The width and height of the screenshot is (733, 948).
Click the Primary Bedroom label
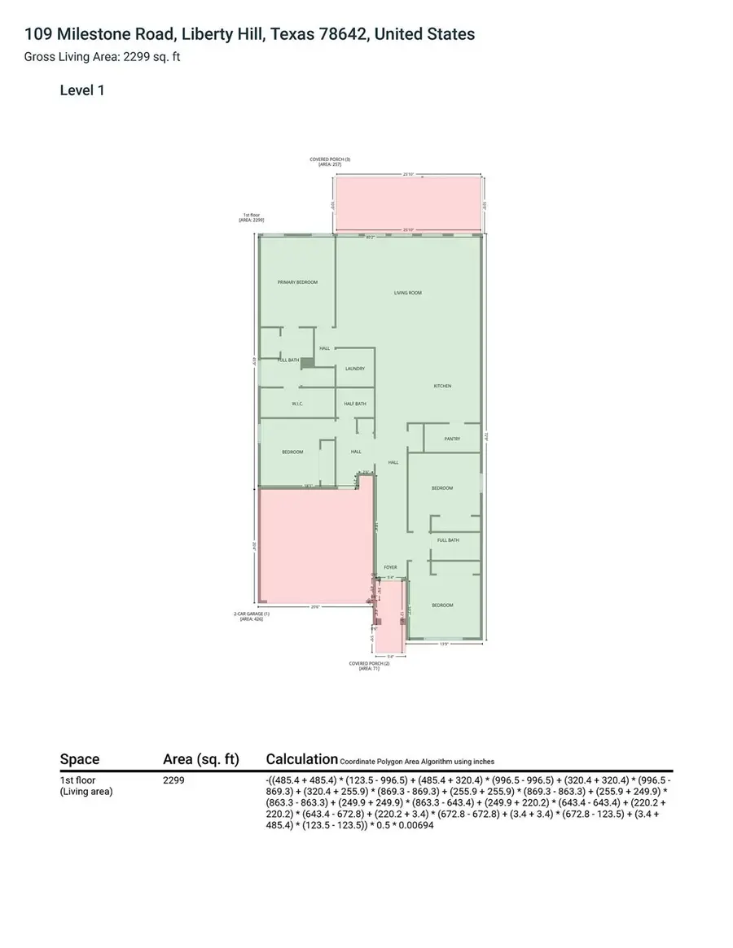pyautogui.click(x=297, y=282)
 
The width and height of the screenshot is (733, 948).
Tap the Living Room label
pyautogui.click(x=408, y=293)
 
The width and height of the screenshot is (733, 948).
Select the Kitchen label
pyautogui.click(x=442, y=386)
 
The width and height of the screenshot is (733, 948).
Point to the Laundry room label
pyautogui.click(x=354, y=369)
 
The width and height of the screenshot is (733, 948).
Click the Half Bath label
pyautogui.click(x=355, y=404)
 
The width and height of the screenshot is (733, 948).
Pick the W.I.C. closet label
pyautogui.click(x=297, y=404)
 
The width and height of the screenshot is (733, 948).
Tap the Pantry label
pyautogui.click(x=453, y=439)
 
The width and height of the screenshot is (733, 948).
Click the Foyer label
pyautogui.click(x=390, y=567)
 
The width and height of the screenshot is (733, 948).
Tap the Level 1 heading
pyautogui.click(x=82, y=90)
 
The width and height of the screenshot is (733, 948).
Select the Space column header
pyautogui.click(x=80, y=759)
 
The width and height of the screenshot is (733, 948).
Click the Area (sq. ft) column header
pyautogui.click(x=201, y=759)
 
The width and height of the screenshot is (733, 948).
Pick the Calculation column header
pyautogui.click(x=301, y=759)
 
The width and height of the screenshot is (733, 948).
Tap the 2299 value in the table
pyautogui.click(x=173, y=780)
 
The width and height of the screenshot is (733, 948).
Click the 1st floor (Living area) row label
pyautogui.click(x=86, y=785)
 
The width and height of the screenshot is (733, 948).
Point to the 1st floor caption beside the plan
pyautogui.click(x=251, y=217)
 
